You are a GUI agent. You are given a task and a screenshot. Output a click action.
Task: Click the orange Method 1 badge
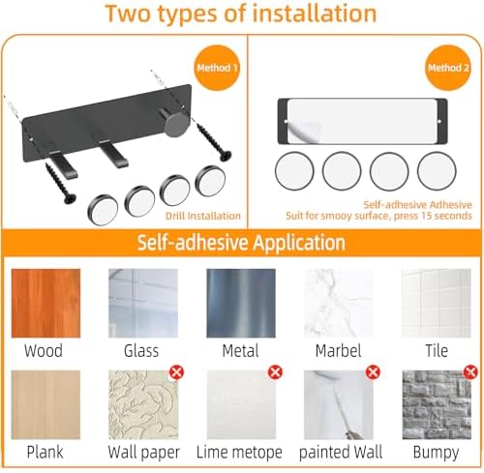pos(217,68)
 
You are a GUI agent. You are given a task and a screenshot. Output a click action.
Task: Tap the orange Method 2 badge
pos(448,68)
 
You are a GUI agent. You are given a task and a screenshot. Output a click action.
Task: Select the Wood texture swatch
pos(45,303)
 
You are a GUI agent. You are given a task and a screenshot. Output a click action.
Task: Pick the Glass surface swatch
pos(143,303)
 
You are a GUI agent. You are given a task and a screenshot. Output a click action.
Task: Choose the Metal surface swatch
pos(241,303)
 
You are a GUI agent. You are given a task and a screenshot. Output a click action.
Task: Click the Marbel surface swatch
pos(339,303)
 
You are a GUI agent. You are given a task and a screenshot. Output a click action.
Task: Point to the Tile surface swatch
pos(437,303)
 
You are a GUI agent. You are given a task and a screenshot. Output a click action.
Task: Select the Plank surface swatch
pos(45,404)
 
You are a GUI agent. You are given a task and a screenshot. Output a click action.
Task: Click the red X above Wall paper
pos(176,372)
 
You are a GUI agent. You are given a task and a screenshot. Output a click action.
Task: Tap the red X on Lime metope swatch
pos(275,372)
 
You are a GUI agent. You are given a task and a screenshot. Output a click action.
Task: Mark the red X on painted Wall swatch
pos(373,372)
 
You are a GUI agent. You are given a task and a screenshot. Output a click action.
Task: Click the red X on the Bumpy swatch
pos(470,372)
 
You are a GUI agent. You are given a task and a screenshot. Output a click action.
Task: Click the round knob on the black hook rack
pos(175,123)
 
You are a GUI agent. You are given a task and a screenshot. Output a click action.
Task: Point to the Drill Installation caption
pos(203,216)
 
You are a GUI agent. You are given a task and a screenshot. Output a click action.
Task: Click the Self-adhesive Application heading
pos(241,243)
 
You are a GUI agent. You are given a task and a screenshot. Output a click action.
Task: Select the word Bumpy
pos(436,453)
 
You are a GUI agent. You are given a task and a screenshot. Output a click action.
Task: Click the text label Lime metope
pos(239,452)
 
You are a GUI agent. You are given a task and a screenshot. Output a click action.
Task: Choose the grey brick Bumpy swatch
pos(437,404)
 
